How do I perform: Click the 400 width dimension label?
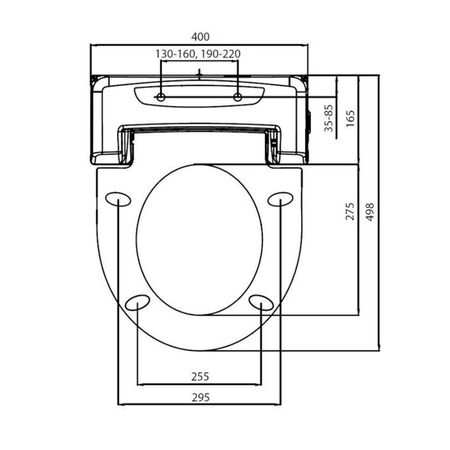click(200, 37)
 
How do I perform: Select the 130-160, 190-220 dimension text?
click(199, 53)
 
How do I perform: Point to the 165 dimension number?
click(350, 119)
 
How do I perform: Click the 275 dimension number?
click(350, 212)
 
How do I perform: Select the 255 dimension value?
click(200, 376)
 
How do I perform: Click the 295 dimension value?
click(200, 397)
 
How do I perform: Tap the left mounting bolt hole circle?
click(161, 98)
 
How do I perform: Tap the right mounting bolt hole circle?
click(237, 98)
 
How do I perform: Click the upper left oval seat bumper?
click(119, 199)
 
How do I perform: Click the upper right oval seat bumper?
click(281, 199)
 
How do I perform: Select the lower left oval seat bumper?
click(138, 302)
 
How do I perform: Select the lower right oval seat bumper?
click(262, 302)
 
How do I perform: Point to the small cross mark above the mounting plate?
click(199, 73)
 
